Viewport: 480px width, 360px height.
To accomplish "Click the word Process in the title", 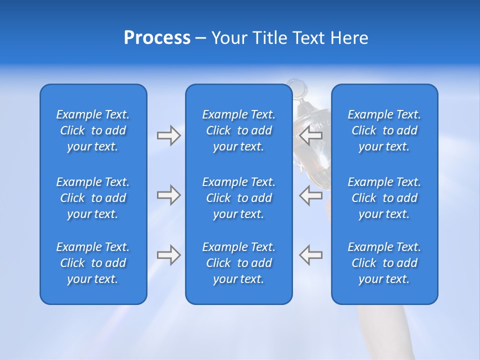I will (x=157, y=38).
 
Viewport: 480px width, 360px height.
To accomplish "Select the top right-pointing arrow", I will (x=168, y=135).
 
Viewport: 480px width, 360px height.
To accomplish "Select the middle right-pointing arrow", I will (x=168, y=195).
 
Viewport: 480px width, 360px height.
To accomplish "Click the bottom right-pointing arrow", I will (x=168, y=254).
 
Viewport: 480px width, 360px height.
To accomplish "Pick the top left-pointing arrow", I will (x=310, y=135).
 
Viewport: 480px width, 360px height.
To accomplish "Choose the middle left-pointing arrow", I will (x=310, y=195).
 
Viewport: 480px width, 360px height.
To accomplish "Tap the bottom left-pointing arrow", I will (x=310, y=254).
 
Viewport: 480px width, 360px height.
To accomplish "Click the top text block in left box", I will (x=93, y=130).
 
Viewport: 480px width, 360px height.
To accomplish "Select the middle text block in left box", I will (x=93, y=198).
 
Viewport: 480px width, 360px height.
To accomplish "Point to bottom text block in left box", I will (x=93, y=263).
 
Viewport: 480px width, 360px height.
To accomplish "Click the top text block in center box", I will (x=238, y=130).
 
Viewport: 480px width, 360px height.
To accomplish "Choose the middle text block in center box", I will (x=238, y=198).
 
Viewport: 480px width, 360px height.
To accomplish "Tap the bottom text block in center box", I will (x=238, y=263).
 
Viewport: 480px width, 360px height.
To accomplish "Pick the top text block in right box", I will (x=384, y=130).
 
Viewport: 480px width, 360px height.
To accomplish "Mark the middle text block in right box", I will (x=384, y=198).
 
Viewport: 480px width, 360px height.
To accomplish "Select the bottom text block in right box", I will (x=384, y=263).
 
